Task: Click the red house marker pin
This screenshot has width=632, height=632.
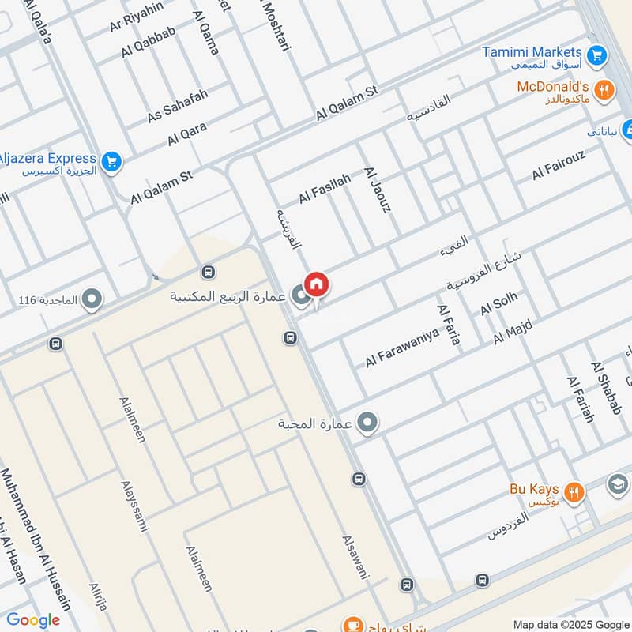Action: [x=316, y=284]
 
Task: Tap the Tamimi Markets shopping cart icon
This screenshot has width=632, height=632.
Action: [x=598, y=55]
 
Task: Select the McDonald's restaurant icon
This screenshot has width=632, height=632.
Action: [x=605, y=90]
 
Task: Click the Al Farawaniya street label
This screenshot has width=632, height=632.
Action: [x=401, y=347]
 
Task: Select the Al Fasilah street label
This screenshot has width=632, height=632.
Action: [x=324, y=189]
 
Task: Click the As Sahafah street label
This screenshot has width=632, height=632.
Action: [x=178, y=106]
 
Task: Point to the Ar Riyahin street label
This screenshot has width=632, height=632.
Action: [x=137, y=18]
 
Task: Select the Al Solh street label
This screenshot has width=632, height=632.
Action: [x=499, y=303]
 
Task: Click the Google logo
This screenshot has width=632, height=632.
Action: [x=33, y=620]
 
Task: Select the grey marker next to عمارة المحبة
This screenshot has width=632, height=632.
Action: [x=367, y=424]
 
